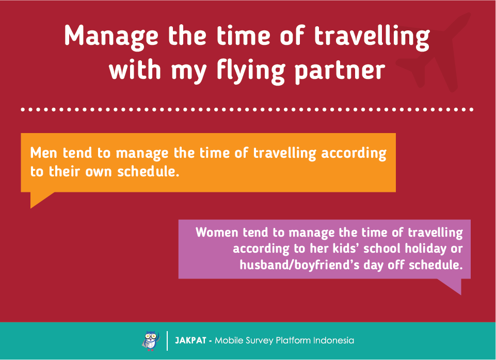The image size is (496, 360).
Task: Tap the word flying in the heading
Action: (x=251, y=71)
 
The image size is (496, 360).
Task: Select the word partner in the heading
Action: (x=340, y=72)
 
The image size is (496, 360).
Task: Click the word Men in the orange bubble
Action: (x=44, y=153)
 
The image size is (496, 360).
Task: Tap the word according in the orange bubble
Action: (x=354, y=154)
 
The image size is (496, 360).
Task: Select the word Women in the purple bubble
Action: (x=217, y=233)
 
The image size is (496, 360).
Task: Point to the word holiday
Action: (x=426, y=249)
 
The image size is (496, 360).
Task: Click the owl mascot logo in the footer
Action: (x=151, y=341)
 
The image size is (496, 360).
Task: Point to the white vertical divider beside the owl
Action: (x=167, y=341)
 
